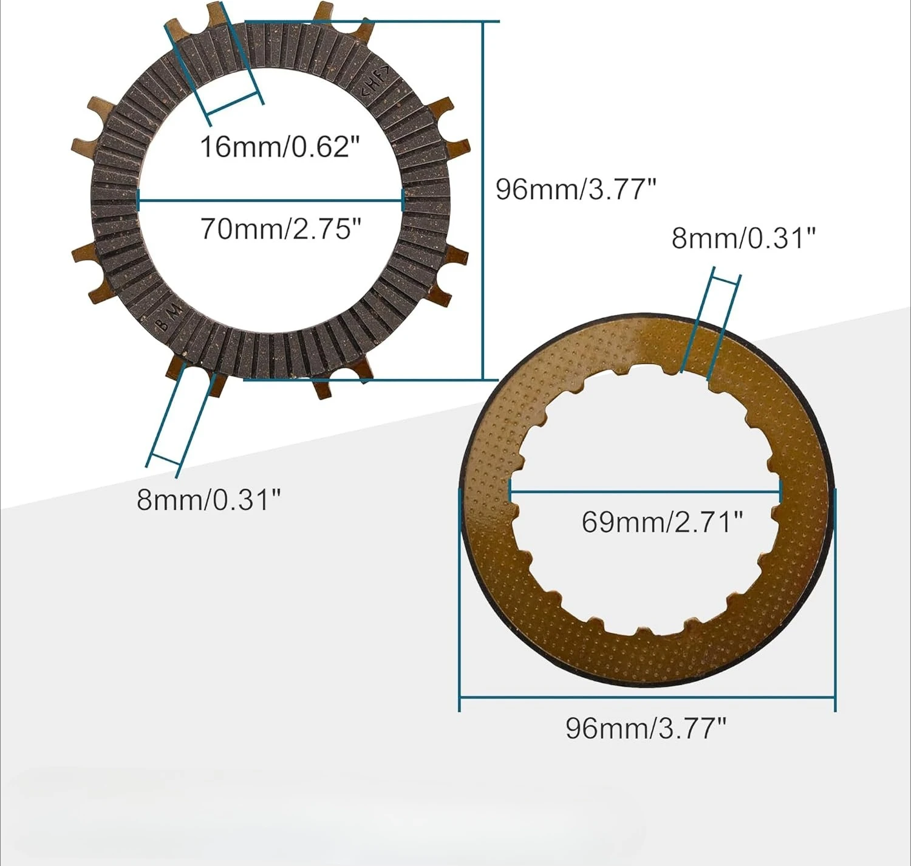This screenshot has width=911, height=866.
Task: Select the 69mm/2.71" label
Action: point(662,522)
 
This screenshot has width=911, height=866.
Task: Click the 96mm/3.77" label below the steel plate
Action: point(646,728)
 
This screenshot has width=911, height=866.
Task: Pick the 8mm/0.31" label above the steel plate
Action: point(743,239)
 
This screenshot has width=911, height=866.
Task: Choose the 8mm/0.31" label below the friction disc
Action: point(208,500)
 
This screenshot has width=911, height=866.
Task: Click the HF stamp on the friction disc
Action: point(375,81)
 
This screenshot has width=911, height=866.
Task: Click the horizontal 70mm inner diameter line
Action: point(271,200)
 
